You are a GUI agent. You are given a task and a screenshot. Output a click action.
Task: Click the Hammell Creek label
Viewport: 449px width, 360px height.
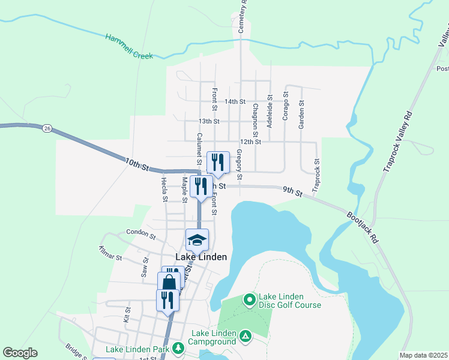pyautogui.click(x=129, y=46)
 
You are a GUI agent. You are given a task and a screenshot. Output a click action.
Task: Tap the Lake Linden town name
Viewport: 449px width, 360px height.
pyautogui.click(x=201, y=257)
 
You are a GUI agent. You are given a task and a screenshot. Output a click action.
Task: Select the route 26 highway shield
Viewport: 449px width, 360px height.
pyautogui.click(x=47, y=128)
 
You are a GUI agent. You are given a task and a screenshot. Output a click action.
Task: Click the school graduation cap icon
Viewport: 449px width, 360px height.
pyautogui.click(x=197, y=241)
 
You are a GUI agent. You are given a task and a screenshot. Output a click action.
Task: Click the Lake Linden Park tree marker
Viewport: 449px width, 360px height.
pyautogui.click(x=178, y=347)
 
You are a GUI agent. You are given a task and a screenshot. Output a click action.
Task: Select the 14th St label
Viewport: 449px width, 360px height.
pyautogui.click(x=235, y=101)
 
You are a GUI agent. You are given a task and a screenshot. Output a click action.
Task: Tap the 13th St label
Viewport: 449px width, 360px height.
pyautogui.click(x=209, y=121)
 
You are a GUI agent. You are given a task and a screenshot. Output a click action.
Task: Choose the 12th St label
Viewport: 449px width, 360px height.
pyautogui.click(x=250, y=142)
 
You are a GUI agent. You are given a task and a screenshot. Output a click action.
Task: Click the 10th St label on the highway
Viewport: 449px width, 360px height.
pyautogui.click(x=137, y=163)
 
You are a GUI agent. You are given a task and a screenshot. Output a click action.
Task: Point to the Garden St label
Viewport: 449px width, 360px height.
pyautogui.click(x=301, y=114)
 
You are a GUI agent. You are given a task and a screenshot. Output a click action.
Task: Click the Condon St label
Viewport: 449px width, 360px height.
pyautogui.click(x=141, y=232)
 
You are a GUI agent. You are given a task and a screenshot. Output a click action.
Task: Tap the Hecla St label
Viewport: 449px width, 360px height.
pyautogui.click(x=164, y=187)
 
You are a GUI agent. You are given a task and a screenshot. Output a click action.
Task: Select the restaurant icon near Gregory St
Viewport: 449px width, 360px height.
pyautogui.click(x=218, y=162)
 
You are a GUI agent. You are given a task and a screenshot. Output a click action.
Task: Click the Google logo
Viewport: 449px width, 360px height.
pyautogui.click(x=20, y=353)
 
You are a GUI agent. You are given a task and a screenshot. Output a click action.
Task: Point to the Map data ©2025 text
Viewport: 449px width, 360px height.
pyautogui.click(x=423, y=355)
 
